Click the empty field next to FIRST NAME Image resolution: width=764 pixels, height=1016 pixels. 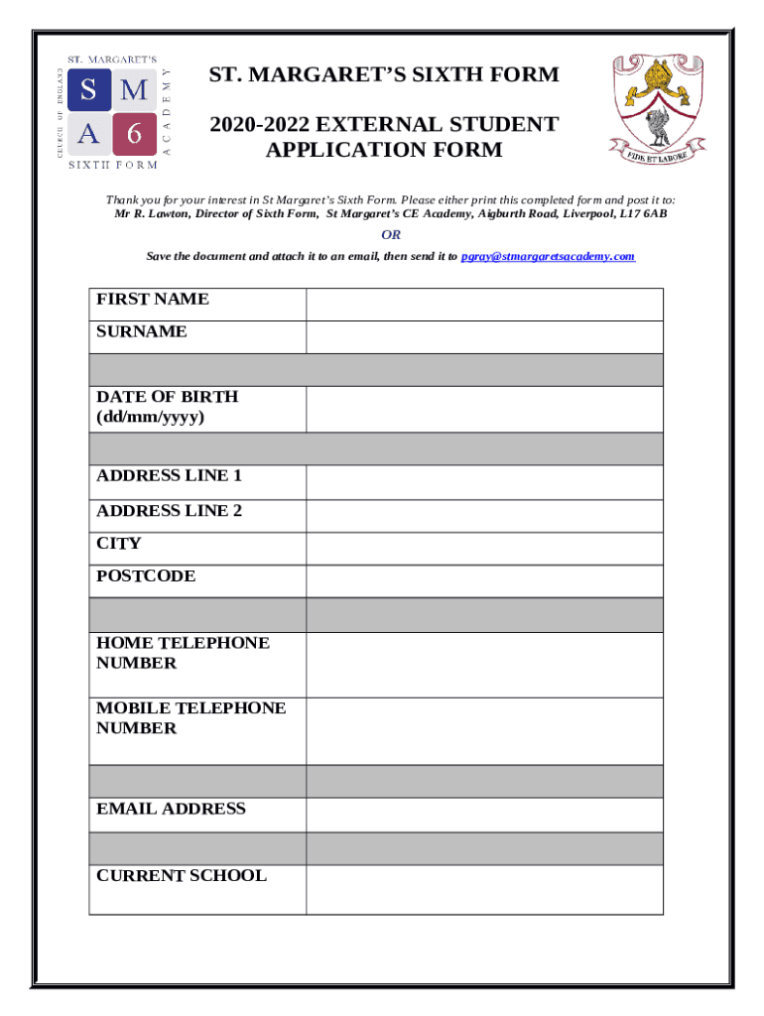point(484,305)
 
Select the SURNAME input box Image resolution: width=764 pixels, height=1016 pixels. point(484,336)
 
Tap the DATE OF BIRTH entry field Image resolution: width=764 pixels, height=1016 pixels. point(484,409)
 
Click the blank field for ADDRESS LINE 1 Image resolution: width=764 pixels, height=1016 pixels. point(484,482)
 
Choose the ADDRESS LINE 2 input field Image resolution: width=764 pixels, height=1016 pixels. point(484,516)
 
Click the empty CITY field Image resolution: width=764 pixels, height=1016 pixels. point(484,549)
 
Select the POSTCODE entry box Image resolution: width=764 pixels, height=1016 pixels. point(484,581)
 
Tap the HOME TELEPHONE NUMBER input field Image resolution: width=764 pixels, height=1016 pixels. point(484,665)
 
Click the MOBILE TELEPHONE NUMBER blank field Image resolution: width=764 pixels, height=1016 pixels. point(484,730)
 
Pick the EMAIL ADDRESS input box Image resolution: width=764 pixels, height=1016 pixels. point(484,815)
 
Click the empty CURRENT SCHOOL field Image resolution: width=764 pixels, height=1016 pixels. point(484,889)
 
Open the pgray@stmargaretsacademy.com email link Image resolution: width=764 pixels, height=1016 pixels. point(548,256)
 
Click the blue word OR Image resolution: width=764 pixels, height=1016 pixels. point(392,235)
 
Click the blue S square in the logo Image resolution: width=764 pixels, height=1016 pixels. point(89,91)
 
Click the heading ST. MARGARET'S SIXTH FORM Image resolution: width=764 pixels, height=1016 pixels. point(383,74)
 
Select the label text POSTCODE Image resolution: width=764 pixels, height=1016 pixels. point(146,576)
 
